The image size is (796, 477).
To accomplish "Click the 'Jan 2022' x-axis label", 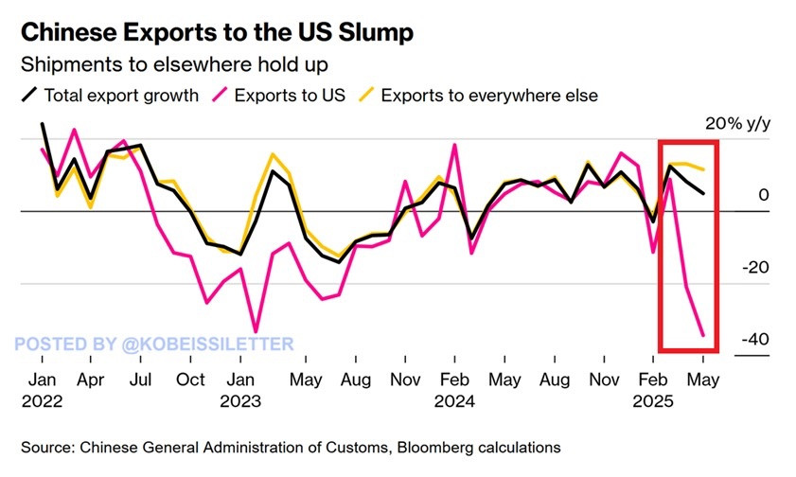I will [41, 390].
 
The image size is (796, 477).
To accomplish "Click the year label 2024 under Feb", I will [455, 400].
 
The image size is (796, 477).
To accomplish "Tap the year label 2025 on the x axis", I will [654, 400].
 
